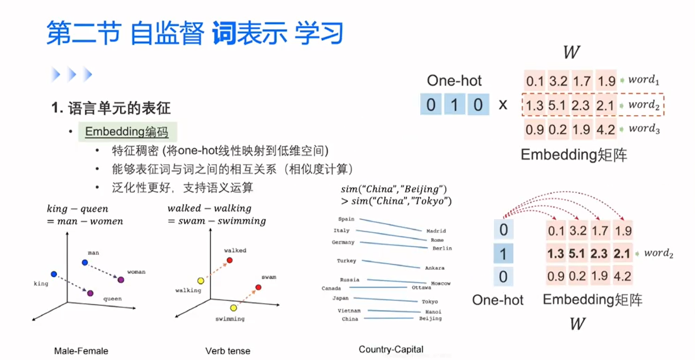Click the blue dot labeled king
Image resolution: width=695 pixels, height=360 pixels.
pyautogui.click(x=54, y=274)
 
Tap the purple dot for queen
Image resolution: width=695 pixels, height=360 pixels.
pyautogui.click(x=90, y=293)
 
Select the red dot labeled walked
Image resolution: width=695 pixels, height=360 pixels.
pyautogui.click(x=229, y=260)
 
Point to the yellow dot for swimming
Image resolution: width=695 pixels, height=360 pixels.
pyautogui.click(x=233, y=308)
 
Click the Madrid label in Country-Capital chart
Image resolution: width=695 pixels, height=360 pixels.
pyautogui.click(x=436, y=231)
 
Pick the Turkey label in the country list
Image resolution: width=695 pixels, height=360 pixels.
pyautogui.click(x=346, y=261)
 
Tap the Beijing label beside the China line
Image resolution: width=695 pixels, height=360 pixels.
pyautogui.click(x=430, y=319)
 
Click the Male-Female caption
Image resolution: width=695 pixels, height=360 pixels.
pyautogui.click(x=81, y=351)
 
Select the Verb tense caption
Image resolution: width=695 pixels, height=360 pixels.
pyautogui.click(x=228, y=351)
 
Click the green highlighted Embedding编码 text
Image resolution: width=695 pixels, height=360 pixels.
pyautogui.click(x=127, y=132)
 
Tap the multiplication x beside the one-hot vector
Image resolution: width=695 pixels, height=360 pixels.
pyautogui.click(x=503, y=105)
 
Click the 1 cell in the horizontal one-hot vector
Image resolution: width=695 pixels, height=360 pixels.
pyautogui.click(x=454, y=105)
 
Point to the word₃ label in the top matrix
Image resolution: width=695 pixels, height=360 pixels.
pyautogui.click(x=644, y=129)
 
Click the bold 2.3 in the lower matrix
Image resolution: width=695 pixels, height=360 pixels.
pyautogui.click(x=599, y=253)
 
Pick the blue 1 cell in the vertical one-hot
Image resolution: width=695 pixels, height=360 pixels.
pyautogui.click(x=503, y=253)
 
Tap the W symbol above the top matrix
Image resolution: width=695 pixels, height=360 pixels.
pyautogui.click(x=571, y=52)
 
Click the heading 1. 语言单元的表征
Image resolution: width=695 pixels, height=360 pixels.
pyautogui.click(x=111, y=108)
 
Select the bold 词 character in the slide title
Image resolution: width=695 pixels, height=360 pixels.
pyautogui.click(x=224, y=33)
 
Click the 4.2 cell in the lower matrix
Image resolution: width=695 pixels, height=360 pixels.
pyautogui.click(x=622, y=276)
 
